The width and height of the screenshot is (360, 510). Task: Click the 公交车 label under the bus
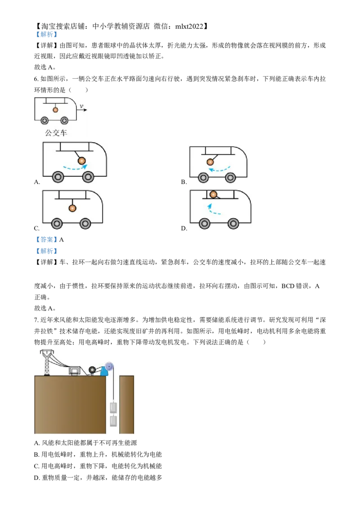pos(56,133)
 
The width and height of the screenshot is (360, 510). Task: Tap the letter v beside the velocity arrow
pos(81,106)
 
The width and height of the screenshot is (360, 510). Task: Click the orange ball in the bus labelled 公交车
pos(55,110)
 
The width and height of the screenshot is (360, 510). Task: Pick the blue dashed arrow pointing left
pos(219,170)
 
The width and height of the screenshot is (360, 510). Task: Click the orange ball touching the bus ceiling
pos(214,195)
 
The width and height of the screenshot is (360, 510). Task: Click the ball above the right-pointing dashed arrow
pos(81,161)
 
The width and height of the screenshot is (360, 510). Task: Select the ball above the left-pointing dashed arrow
pos(210,162)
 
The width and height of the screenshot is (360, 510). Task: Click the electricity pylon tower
pos(46,362)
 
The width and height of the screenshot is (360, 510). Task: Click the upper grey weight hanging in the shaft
pos(113,408)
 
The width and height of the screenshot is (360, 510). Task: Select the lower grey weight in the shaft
pos(113,421)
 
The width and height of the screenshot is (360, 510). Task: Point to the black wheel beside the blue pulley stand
pos(93,370)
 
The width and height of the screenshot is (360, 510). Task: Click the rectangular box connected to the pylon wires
pos(74,371)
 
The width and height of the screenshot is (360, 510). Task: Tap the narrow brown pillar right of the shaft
pos(127,404)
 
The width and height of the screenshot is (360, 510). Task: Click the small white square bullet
pos(34,268)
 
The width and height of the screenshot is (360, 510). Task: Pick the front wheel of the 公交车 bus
pos(64,121)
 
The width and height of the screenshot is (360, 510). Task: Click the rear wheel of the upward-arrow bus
pos(204,223)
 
